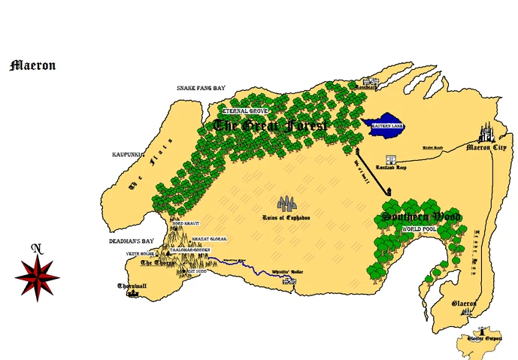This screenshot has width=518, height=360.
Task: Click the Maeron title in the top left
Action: (x=32, y=65)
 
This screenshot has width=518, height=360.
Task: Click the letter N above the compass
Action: (x=35, y=248)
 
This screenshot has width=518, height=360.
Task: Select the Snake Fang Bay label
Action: (x=201, y=88)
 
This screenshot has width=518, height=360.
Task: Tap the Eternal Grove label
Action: (x=244, y=110)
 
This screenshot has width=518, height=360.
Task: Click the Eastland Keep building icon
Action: (x=391, y=160)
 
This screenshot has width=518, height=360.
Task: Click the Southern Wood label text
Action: (x=421, y=217)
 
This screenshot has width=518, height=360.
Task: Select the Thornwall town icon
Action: (x=132, y=293)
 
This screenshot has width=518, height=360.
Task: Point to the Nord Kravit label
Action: (x=187, y=224)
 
